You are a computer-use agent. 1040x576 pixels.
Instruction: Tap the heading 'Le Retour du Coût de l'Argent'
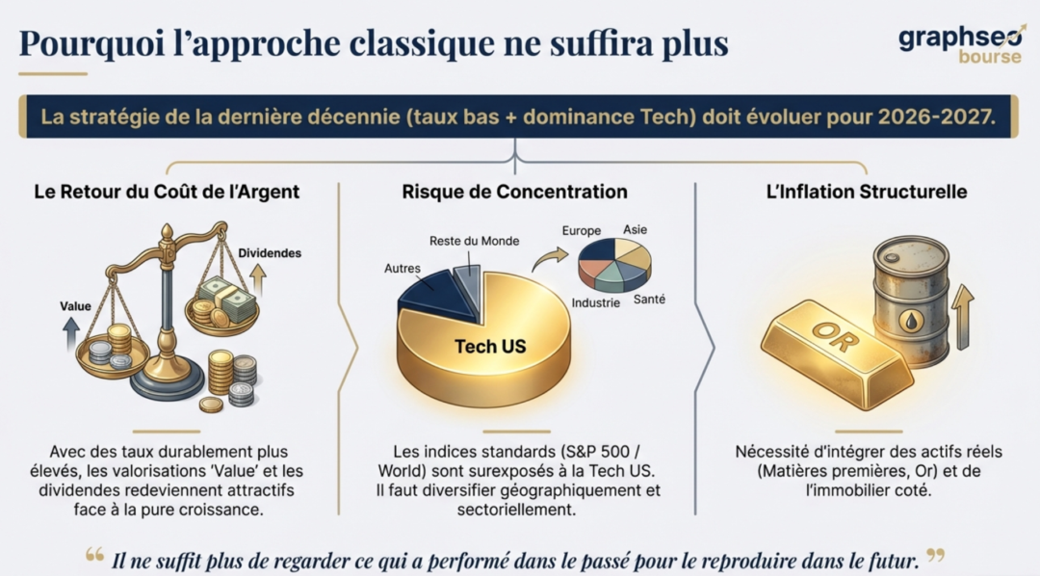coord(167,192)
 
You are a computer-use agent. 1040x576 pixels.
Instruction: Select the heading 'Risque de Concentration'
coord(514,192)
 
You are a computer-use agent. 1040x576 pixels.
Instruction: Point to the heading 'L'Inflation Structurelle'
coord(867,192)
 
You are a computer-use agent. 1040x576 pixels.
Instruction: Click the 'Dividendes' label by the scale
coord(270,252)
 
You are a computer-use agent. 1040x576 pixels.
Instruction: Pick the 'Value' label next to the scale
coord(76,306)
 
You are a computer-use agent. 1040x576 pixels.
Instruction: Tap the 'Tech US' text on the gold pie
coord(490,347)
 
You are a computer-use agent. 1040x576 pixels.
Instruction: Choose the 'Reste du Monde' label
coord(474,241)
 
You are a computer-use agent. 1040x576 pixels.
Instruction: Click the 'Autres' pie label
coord(403,268)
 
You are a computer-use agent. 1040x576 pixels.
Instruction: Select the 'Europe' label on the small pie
coord(582,230)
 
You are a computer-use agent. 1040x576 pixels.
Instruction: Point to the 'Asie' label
coord(635,229)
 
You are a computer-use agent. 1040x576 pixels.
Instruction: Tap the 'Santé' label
coord(649,300)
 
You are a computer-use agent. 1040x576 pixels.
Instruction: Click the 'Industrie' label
coord(596,302)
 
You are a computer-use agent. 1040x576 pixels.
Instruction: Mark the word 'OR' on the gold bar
coord(835,338)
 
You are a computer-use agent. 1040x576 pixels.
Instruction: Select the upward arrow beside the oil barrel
coord(962,318)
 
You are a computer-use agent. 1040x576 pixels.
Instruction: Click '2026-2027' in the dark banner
coord(937,117)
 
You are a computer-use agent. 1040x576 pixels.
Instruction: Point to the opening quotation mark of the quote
coord(94,555)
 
